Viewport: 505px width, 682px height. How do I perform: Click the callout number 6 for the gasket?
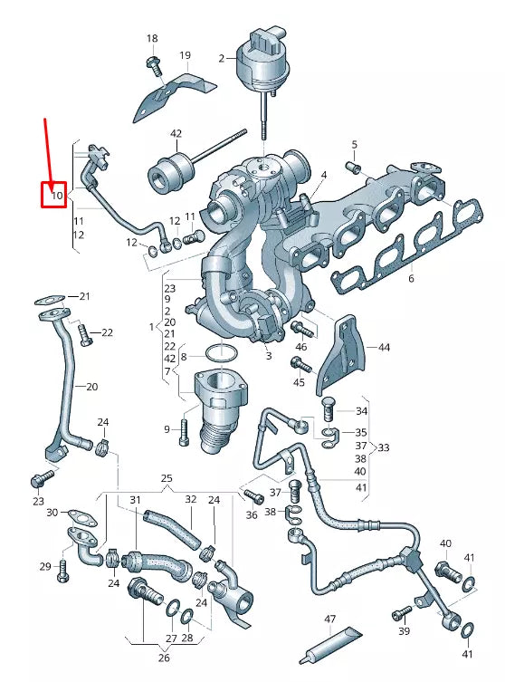(x=411, y=279)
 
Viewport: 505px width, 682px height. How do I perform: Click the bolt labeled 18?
(x=152, y=64)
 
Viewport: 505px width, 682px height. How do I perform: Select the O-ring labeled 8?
(x=218, y=355)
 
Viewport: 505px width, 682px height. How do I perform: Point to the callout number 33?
(x=384, y=447)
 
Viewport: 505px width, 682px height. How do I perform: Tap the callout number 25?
(x=167, y=477)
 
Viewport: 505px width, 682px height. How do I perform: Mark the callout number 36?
(x=251, y=515)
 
